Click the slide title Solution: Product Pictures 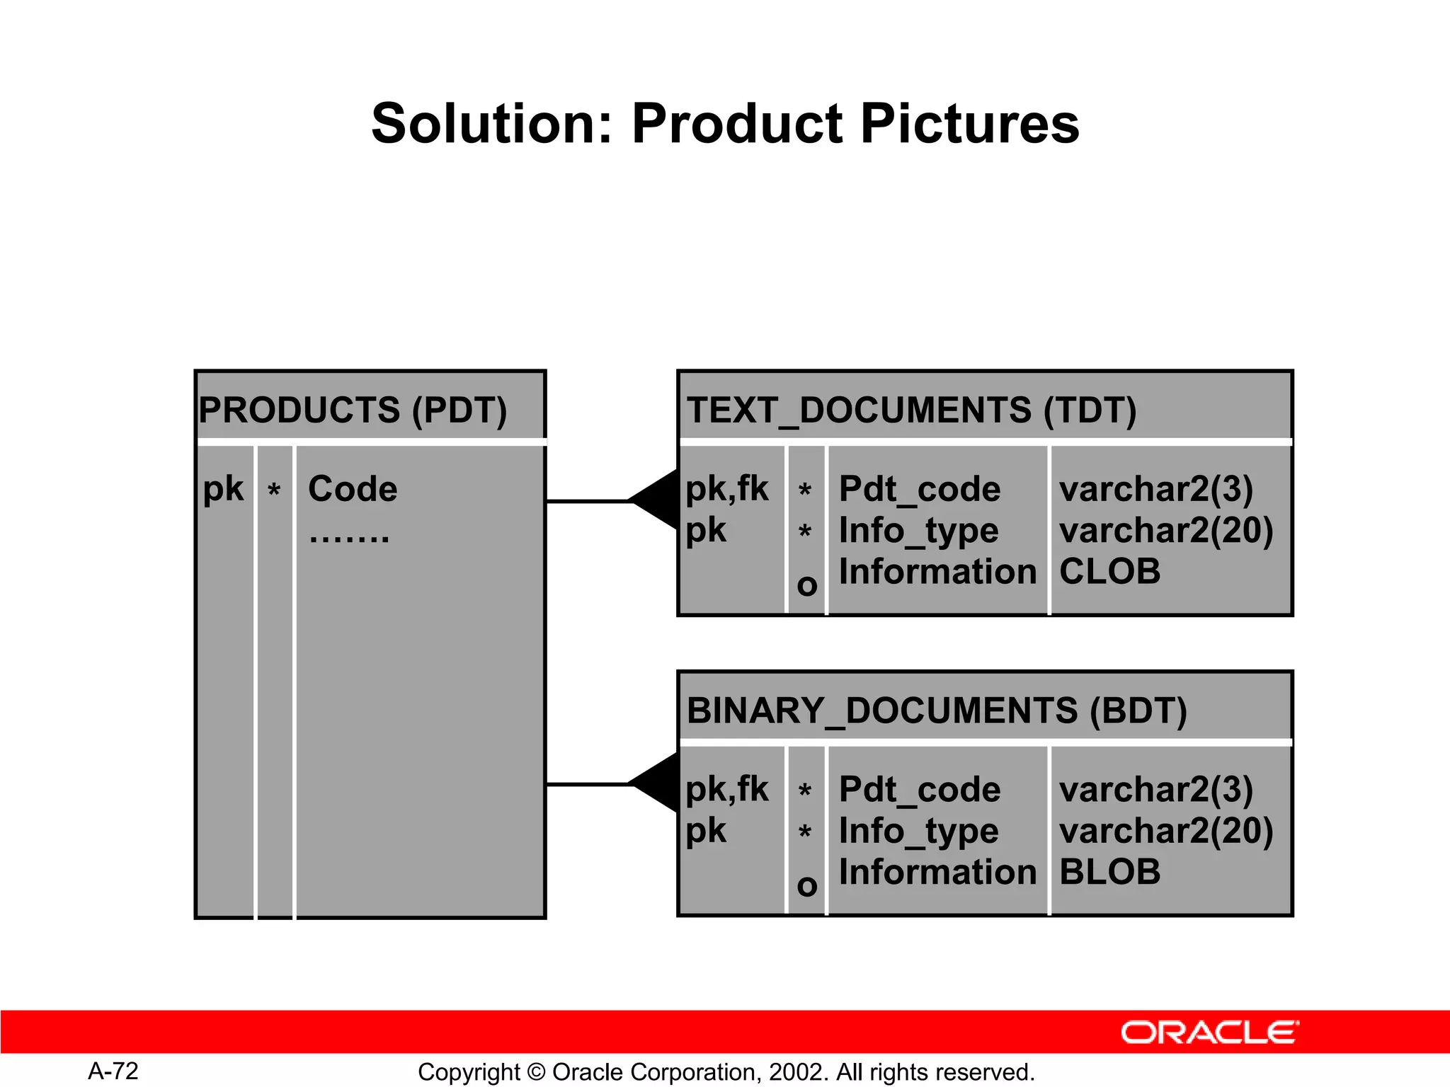(725, 124)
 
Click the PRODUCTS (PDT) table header (353, 410)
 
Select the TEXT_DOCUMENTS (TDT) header (911, 410)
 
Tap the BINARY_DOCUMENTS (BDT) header (936, 711)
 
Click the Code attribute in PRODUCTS (353, 489)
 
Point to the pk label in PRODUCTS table (223, 489)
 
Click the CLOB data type (1109, 571)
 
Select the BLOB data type (1109, 872)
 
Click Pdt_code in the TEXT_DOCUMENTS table (919, 489)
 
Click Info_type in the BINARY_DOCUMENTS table (918, 831)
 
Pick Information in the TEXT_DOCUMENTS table (937, 571)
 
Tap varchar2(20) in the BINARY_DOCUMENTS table (1166, 831)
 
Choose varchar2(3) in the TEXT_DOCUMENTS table (1155, 489)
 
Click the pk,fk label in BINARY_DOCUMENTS (726, 789)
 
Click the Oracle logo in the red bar (1209, 1033)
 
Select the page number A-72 (113, 1071)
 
